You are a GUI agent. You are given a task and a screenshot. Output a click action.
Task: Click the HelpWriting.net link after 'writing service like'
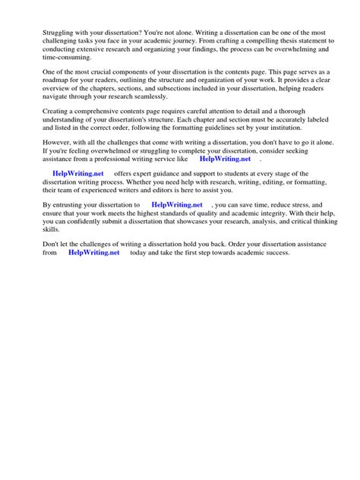[225, 159]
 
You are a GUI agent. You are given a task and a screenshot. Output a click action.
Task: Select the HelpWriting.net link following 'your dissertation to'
[177, 205]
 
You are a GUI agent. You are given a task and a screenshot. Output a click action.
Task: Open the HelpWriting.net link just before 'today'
[93, 252]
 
